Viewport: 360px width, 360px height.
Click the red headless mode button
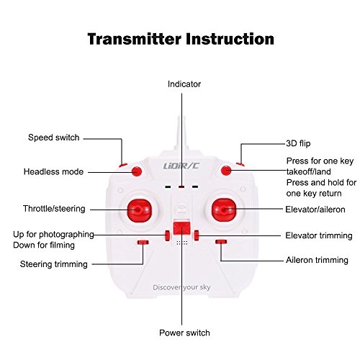[x=137, y=171]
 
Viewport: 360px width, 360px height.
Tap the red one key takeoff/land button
[x=226, y=171]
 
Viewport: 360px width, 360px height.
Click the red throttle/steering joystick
[x=140, y=210]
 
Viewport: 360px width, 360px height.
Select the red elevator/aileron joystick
[x=224, y=210]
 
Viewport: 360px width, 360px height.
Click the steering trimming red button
[x=143, y=242]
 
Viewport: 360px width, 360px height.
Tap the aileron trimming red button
[x=221, y=242]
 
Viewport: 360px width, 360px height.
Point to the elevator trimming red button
[x=197, y=235]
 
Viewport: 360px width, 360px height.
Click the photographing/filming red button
[x=167, y=235]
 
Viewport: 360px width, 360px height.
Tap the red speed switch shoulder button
[x=123, y=166]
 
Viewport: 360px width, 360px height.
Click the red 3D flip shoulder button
[x=240, y=164]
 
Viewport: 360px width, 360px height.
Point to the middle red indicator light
[x=181, y=186]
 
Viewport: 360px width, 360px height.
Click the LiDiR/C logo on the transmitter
[x=181, y=166]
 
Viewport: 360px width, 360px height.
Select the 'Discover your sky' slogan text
[x=181, y=287]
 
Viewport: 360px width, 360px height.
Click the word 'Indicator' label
[x=184, y=84]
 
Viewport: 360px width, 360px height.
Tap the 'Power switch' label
[x=184, y=333]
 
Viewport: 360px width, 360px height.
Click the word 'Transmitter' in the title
[x=134, y=39]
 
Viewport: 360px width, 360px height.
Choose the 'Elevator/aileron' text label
[x=315, y=210]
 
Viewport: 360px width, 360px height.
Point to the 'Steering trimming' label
[x=54, y=264]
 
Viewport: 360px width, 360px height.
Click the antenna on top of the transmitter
[x=181, y=132]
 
